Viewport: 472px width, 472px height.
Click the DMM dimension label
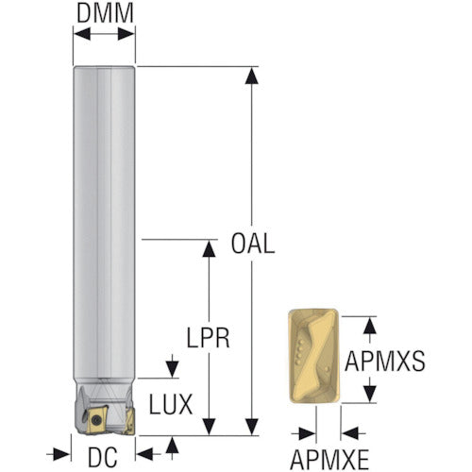105,13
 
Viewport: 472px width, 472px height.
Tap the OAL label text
253,244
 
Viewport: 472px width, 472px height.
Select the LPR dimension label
208,338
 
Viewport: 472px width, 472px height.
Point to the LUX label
171,404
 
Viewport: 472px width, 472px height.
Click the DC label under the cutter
103,457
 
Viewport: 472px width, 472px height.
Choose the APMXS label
385,362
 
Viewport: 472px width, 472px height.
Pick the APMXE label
329,460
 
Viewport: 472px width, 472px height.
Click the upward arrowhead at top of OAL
251,76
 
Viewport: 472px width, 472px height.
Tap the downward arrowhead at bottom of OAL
251,427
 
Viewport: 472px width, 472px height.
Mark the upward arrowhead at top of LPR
209,248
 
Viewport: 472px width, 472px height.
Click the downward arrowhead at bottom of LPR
209,427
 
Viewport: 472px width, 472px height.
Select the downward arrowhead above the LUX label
172,369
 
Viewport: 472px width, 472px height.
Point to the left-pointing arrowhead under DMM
82,34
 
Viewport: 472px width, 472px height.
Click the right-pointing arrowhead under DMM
126,34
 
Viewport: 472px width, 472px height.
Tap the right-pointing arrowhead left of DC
61,454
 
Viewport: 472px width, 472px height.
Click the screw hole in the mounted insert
94,419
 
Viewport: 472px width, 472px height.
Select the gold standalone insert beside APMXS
313,356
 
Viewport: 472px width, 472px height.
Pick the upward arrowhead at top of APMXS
370,325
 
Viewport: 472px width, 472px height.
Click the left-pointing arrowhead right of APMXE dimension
350,434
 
